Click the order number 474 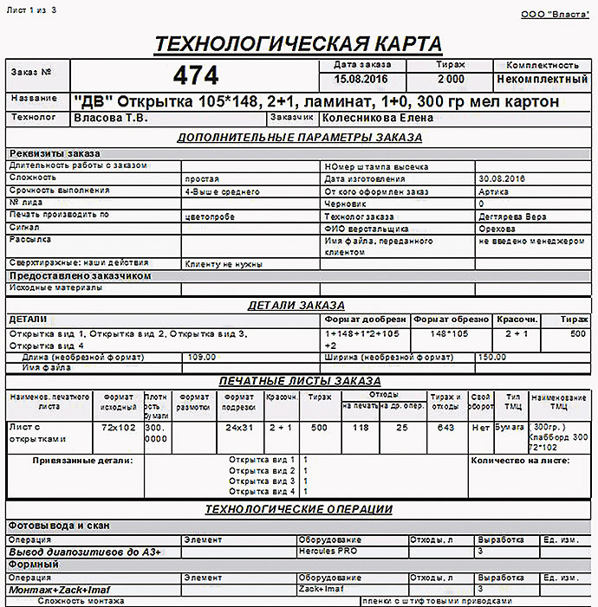pos(196,75)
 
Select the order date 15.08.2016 pos(362,79)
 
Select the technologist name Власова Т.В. pos(111,117)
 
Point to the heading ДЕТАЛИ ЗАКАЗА pos(296,305)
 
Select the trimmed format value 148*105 pos(450,333)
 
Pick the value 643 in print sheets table pos(445,428)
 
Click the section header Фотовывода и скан pos(58,526)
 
